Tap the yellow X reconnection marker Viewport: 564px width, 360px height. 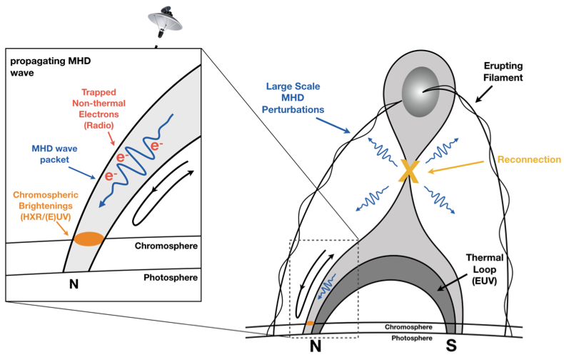click(408, 171)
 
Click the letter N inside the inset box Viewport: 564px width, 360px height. click(73, 284)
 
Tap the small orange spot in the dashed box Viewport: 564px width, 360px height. click(310, 324)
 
